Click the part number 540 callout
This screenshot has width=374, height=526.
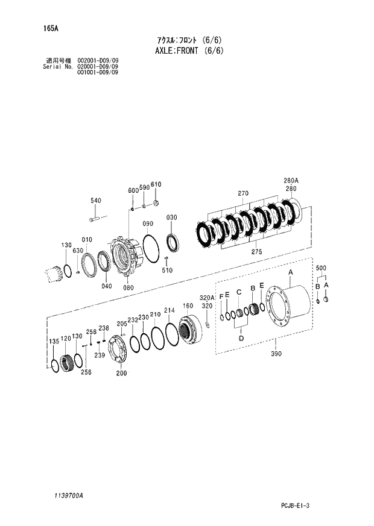click(96, 201)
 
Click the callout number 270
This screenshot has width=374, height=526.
click(243, 193)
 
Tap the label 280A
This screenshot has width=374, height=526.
click(291, 180)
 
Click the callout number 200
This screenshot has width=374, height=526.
click(121, 373)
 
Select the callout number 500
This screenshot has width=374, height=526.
click(321, 268)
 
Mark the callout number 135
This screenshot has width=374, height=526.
click(54, 342)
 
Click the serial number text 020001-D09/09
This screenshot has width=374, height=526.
click(98, 66)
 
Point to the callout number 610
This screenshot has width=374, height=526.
click(156, 184)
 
